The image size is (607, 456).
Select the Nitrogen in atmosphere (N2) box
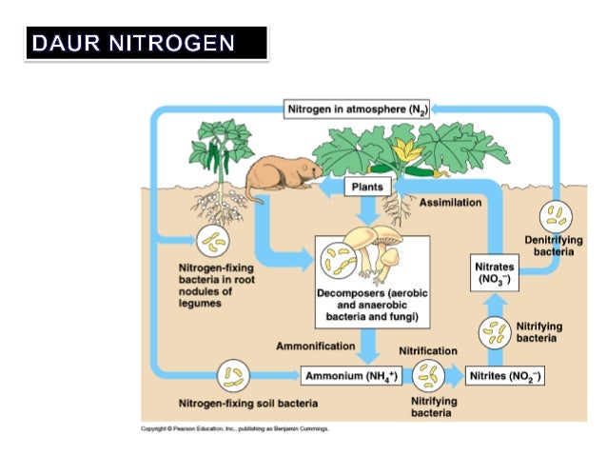coord(357,110)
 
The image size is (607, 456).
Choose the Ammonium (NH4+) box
coord(350,376)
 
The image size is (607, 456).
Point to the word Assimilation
coord(450,203)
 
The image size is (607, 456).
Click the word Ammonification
coord(316,346)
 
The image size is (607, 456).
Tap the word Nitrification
coord(427,351)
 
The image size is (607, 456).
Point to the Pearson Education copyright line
coord(234,429)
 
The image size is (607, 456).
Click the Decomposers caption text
coord(366,304)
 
